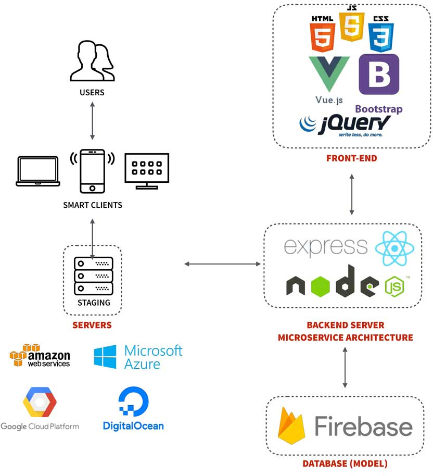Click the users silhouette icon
click(x=93, y=62)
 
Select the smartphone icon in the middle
click(x=92, y=171)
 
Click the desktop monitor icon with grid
click(x=147, y=170)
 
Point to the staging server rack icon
click(x=93, y=275)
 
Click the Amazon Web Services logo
click(x=40, y=357)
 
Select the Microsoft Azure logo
click(x=138, y=357)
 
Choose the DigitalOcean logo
click(x=133, y=409)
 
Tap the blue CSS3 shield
click(x=381, y=35)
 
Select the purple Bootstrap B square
click(x=379, y=74)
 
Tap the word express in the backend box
click(x=326, y=246)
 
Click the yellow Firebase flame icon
click(x=291, y=425)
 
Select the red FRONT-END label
click(x=351, y=158)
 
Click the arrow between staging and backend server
click(x=223, y=264)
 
